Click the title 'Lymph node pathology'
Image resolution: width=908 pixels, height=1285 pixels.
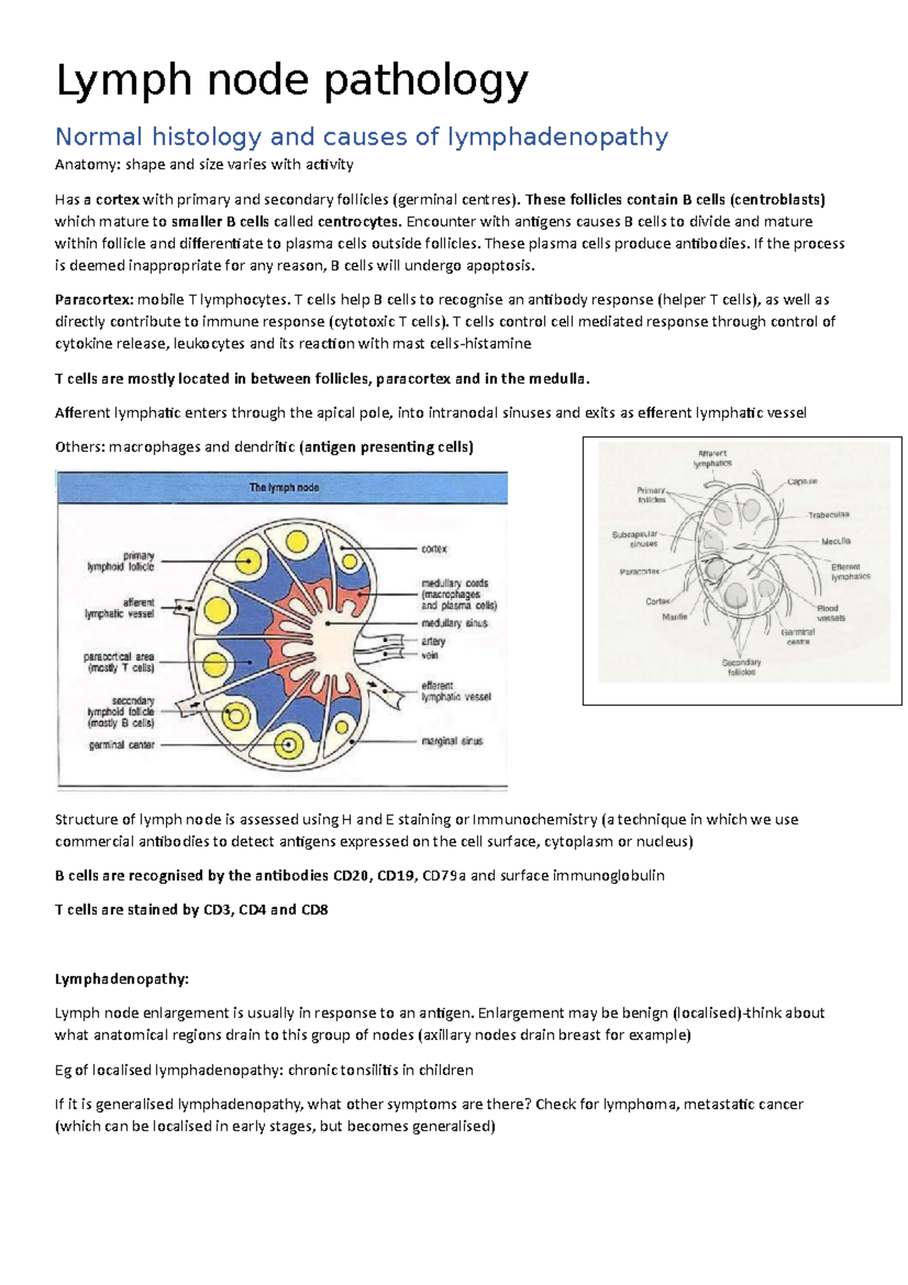(291, 80)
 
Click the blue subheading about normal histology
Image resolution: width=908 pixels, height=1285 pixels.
(362, 137)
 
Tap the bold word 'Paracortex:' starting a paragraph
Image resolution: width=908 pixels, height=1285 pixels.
(94, 300)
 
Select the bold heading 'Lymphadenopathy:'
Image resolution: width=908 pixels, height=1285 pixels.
(121, 979)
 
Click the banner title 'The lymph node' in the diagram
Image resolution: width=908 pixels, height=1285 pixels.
(284, 488)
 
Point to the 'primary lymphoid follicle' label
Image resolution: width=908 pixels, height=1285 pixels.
(121, 561)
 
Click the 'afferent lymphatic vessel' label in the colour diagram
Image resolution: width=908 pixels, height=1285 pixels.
(120, 608)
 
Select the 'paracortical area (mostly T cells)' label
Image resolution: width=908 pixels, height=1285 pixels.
(119, 662)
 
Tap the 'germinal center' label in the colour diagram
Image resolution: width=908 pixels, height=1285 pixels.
(121, 745)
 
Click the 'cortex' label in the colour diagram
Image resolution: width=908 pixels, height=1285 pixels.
(434, 549)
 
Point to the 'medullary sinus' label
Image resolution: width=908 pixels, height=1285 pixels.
(454, 623)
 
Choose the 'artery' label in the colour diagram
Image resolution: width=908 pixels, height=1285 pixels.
(433, 641)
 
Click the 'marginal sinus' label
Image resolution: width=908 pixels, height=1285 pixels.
(452, 741)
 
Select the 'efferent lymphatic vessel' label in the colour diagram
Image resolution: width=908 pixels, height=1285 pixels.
(456, 691)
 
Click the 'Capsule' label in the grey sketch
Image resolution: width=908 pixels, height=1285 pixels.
(801, 481)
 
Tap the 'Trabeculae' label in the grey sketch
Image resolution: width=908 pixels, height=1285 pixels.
(828, 515)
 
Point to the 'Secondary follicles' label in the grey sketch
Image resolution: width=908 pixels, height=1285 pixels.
(741, 667)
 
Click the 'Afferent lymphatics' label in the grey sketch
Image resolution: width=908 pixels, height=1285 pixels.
(712, 459)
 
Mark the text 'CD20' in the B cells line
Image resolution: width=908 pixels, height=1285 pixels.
(350, 876)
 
